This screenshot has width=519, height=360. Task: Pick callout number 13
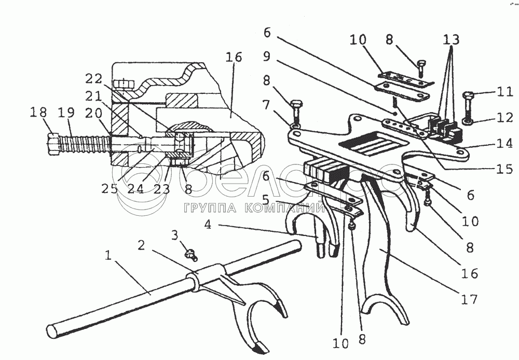pyautogui.click(x=452, y=39)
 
